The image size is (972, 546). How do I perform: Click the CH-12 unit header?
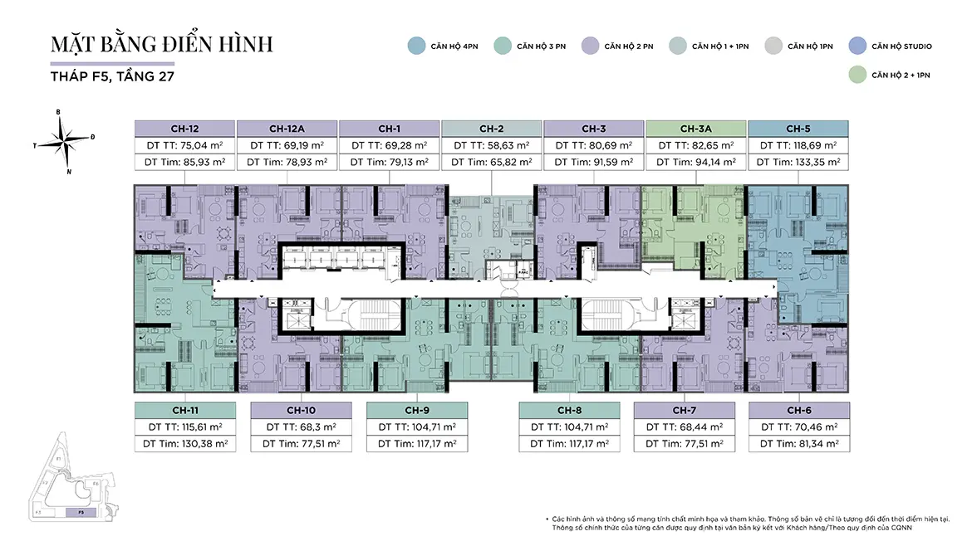click(184, 129)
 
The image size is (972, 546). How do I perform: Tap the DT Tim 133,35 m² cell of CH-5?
click(798, 163)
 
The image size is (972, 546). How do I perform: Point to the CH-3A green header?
click(696, 129)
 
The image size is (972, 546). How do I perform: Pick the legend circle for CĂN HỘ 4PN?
click(415, 46)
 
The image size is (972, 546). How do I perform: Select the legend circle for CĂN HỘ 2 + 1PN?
click(857, 75)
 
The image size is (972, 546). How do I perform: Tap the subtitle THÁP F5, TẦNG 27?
click(112, 76)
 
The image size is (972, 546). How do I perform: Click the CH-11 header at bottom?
click(184, 410)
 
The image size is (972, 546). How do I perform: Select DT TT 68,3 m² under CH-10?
click(300, 427)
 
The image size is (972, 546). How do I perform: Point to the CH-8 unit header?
click(569, 410)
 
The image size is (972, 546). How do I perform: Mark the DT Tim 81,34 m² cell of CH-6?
click(798, 444)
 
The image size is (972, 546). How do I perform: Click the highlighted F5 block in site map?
click(82, 513)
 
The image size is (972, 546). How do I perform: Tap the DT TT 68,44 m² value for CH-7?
click(684, 427)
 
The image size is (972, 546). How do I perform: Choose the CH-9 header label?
click(416, 410)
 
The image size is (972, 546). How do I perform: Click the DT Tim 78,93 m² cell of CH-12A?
click(287, 163)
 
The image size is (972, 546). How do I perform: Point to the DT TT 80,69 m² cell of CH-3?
click(594, 145)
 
